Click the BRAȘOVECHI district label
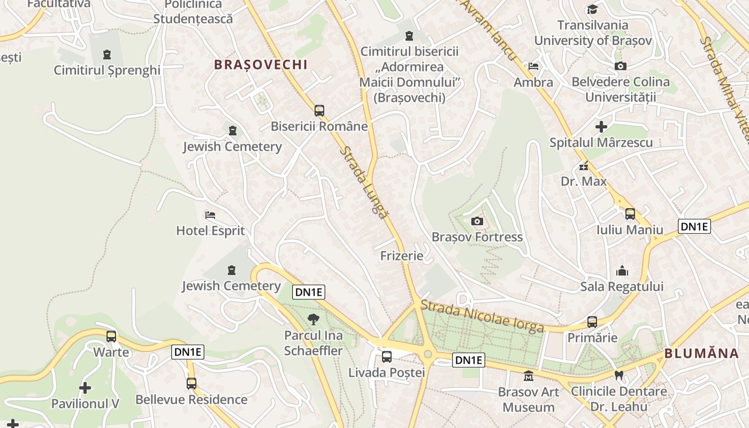pos(261,65)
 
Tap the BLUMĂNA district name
pos(701,353)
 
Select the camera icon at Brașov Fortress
pos(477,221)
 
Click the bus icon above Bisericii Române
pos(319,111)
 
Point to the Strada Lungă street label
pos(363,182)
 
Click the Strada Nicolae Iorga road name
pos(482,316)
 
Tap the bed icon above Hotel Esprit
pos(210,215)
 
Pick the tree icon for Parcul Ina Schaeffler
pos(314,320)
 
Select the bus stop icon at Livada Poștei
pos(386,356)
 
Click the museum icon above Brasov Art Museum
pos(529,376)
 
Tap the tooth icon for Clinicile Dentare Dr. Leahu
pos(619,376)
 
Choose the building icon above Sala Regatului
pos(622,271)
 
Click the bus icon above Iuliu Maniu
pos(630,214)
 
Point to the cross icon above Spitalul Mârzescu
pos(601,127)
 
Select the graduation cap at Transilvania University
pos(592,9)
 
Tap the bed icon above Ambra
pos(533,66)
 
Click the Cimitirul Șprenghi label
pos(107,70)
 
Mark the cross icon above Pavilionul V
pos(85,387)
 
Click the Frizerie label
pos(402,256)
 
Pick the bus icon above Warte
pos(111,337)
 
